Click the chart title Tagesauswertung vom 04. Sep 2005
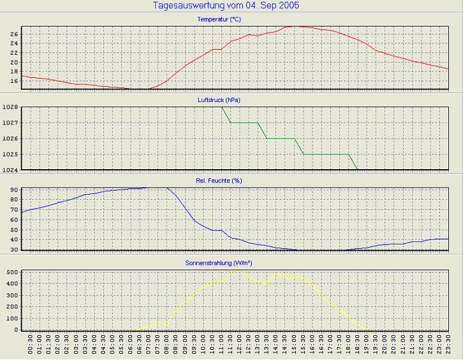[x=226, y=5]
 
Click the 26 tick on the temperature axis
[x=14, y=34]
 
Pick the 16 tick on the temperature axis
[x=14, y=81]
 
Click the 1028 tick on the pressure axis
[x=10, y=107]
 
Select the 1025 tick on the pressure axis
[x=10, y=154]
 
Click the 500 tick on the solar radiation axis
[x=11, y=272]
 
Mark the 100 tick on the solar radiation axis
[x=11, y=319]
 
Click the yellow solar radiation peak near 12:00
[x=239, y=270]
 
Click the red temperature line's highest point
[x=294, y=26]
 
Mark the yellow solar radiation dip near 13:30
[x=263, y=283]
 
